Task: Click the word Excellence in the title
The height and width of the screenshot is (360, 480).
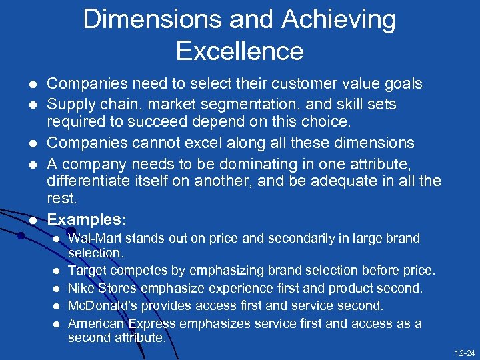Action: click(239, 51)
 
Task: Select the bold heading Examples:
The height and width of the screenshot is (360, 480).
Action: click(87, 219)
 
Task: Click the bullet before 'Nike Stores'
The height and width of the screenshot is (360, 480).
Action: click(58, 289)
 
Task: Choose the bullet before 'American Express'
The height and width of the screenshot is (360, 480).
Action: click(58, 324)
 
